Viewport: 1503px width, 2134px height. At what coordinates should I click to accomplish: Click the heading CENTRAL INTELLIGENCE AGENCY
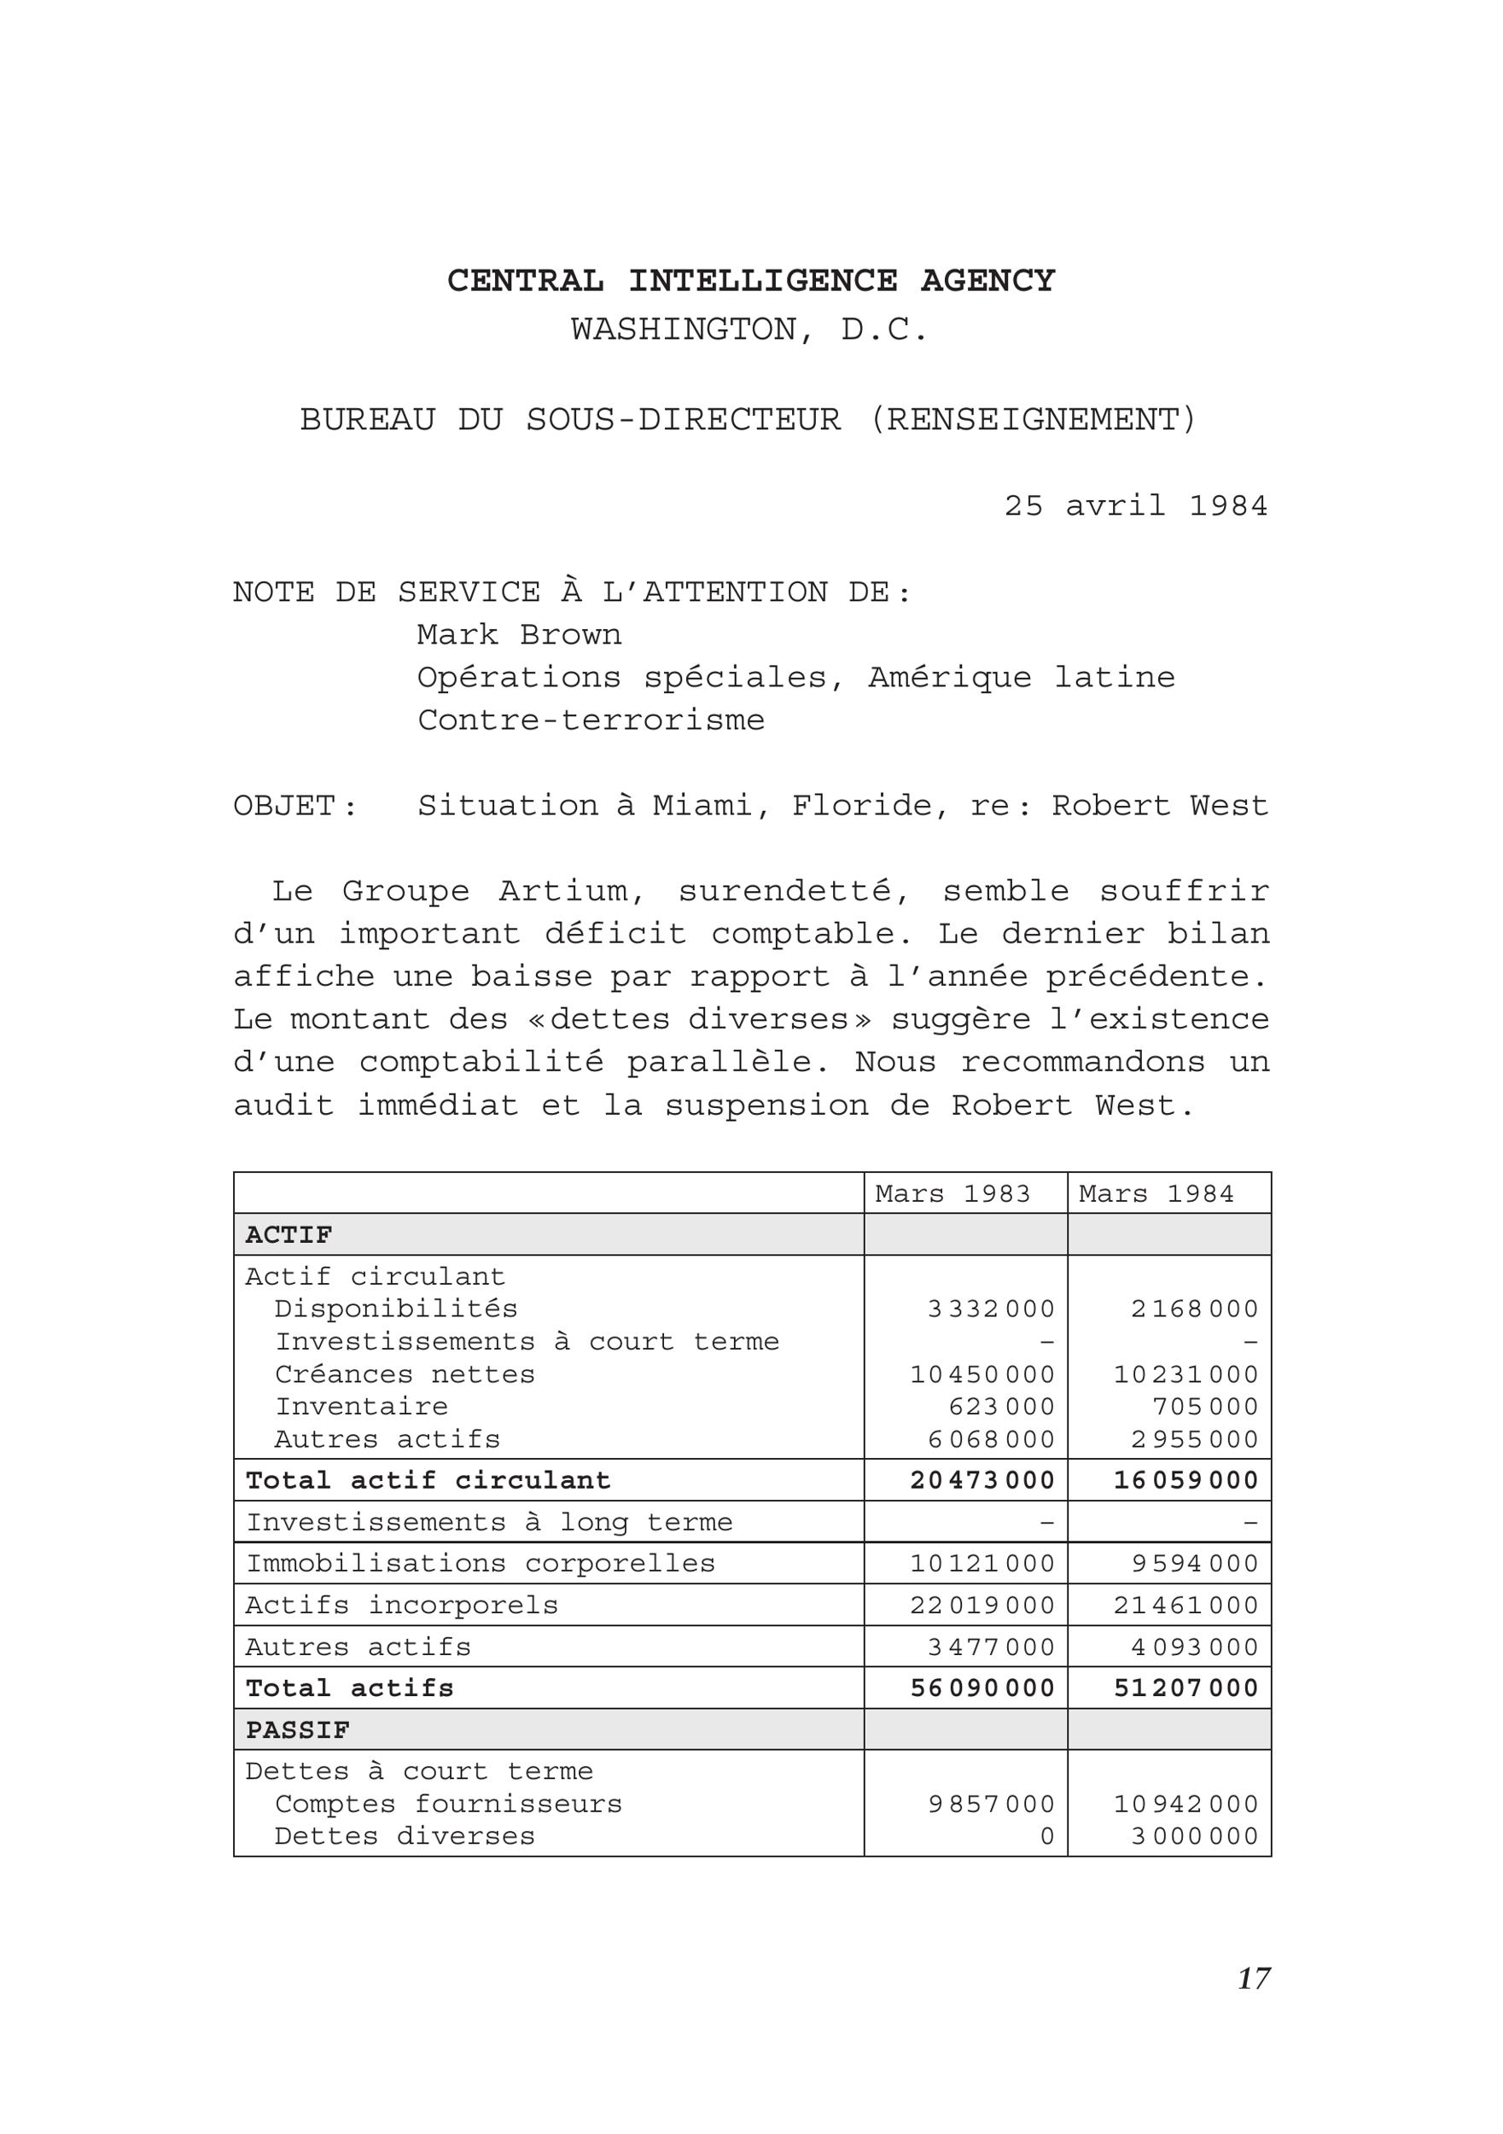pyautogui.click(x=751, y=281)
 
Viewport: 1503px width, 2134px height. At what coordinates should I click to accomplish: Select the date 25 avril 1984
pyautogui.click(x=1135, y=505)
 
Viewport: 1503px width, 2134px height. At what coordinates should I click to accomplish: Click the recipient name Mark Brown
pyautogui.click(x=519, y=635)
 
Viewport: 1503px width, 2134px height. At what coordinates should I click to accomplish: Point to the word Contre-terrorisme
pyautogui.click(x=591, y=720)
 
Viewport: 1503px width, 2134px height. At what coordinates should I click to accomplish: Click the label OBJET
pyautogui.click(x=283, y=806)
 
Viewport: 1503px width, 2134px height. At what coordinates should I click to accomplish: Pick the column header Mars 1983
pyautogui.click(x=952, y=1193)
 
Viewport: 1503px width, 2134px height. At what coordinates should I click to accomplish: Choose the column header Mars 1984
pyautogui.click(x=1156, y=1193)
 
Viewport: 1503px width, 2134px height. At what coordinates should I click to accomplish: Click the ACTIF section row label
pyautogui.click(x=288, y=1235)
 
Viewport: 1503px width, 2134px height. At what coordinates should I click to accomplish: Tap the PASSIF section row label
pyautogui.click(x=297, y=1730)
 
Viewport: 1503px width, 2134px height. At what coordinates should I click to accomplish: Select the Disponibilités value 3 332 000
pyautogui.click(x=991, y=1309)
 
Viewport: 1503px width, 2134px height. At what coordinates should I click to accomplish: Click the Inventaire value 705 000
pyautogui.click(x=1204, y=1406)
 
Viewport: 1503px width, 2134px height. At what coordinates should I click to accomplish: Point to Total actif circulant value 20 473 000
pyautogui.click(x=982, y=1479)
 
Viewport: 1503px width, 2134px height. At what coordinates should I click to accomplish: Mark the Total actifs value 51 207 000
pyautogui.click(x=1186, y=1688)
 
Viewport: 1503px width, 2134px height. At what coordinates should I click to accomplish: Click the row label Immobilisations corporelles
pyautogui.click(x=480, y=1563)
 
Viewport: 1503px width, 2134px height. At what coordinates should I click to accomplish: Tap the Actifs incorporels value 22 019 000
pyautogui.click(x=982, y=1605)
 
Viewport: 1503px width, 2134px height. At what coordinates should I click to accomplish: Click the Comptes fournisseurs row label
pyautogui.click(x=448, y=1804)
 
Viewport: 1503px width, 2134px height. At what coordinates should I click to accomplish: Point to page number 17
pyautogui.click(x=1253, y=1979)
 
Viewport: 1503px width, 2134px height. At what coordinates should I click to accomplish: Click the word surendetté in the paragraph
pyautogui.click(x=794, y=891)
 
